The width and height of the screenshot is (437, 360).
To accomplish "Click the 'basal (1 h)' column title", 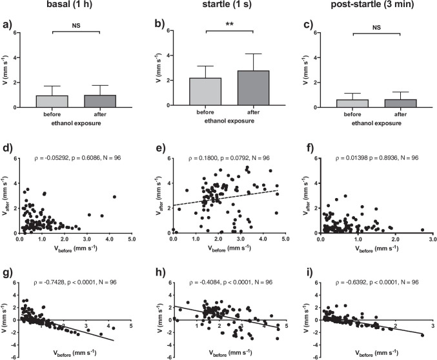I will click(x=69, y=6).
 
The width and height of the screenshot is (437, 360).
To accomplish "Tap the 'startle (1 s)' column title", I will click(x=218, y=6).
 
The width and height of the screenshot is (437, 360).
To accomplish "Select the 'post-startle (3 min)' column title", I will click(x=367, y=6).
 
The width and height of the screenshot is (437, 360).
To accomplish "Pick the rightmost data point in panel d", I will click(x=114, y=197).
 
